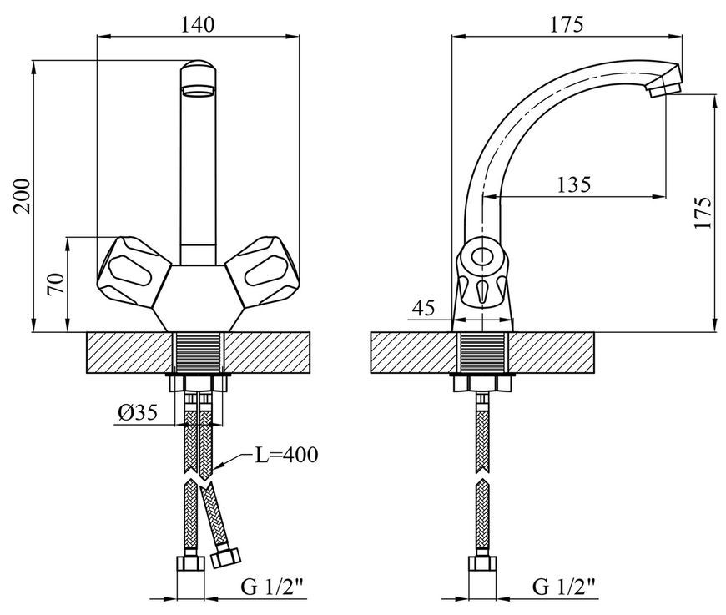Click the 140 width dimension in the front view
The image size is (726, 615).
pyautogui.click(x=197, y=24)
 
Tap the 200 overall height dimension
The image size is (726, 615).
pyautogui.click(x=22, y=196)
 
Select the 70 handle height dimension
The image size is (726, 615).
pyautogui.click(x=56, y=284)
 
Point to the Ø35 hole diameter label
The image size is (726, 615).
pyautogui.click(x=138, y=411)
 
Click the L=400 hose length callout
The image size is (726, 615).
pyautogui.click(x=286, y=455)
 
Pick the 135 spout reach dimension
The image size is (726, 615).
pyautogui.click(x=573, y=184)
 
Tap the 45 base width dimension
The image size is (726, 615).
pyautogui.click(x=424, y=307)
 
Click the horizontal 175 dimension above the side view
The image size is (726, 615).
pyautogui.click(x=567, y=24)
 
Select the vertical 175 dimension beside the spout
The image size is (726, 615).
pyautogui.click(x=702, y=213)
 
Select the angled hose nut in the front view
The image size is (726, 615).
pyautogui.click(x=226, y=557)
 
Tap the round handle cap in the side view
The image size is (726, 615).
pyautogui.click(x=482, y=256)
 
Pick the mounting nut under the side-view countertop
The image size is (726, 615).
pyautogui.click(x=482, y=382)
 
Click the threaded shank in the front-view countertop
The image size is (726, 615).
pyautogui.click(x=198, y=352)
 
